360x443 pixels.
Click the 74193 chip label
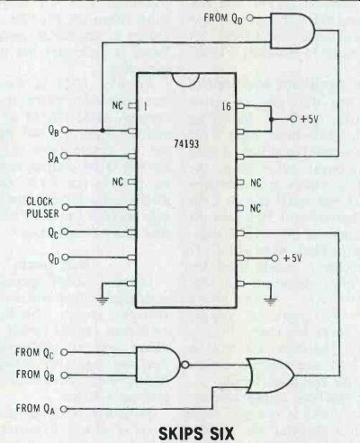186,144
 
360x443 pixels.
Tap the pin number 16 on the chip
227,106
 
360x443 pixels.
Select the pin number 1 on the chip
145,106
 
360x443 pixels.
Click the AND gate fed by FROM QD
292,31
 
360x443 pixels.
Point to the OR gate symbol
270,375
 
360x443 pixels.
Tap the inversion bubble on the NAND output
185,365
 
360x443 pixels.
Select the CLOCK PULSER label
42,207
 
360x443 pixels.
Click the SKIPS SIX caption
196,433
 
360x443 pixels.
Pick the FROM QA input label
35,409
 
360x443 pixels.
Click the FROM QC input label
35,352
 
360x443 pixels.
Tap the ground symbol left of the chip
103,300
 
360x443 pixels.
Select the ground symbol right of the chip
271,300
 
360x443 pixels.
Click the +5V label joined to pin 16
309,119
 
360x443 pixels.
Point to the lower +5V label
292,258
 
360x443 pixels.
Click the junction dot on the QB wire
103,131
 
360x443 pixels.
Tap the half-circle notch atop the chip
186,80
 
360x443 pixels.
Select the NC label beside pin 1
118,105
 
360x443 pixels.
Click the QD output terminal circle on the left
65,258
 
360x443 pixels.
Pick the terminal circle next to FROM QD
250,18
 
